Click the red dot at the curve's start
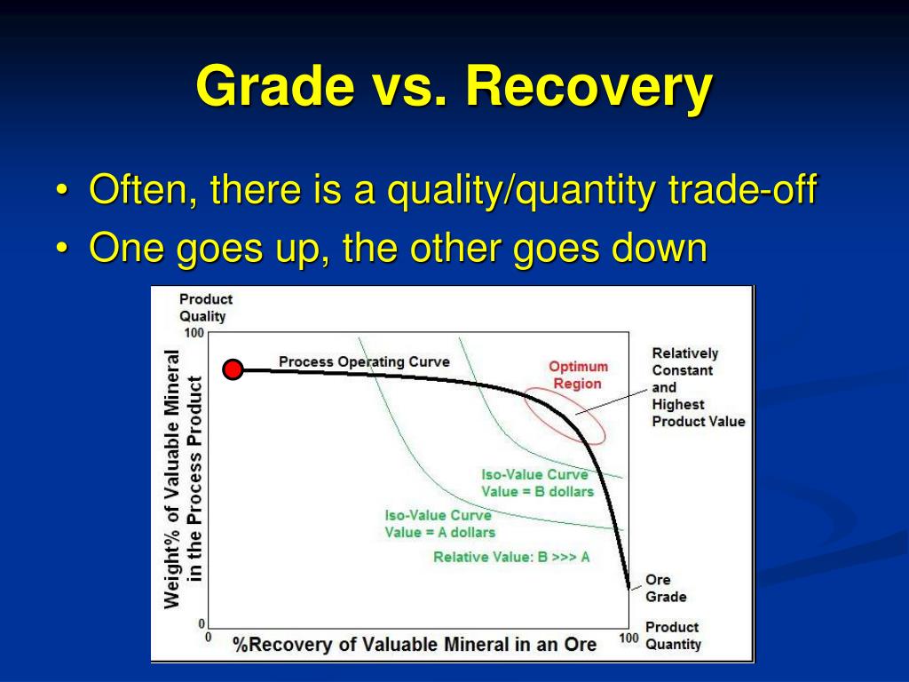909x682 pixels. pos(233,369)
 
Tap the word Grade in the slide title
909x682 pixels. pos(275,86)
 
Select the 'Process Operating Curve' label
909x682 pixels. pos(364,362)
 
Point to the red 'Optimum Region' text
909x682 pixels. pos(578,376)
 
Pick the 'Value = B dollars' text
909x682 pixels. pos(537,492)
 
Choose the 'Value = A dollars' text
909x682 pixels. pos(440,533)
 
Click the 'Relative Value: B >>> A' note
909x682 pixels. pos(511,558)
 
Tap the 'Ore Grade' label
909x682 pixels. pos(666,588)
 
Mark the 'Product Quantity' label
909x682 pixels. pos(673,636)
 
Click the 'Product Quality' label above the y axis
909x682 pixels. pos(206,307)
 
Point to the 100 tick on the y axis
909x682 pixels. pos(194,333)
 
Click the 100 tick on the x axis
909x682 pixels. pos(629,638)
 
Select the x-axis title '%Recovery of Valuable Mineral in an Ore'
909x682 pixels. pos(415,645)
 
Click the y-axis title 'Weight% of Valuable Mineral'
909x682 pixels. pos(172,479)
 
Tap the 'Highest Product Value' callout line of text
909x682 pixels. pos(699,413)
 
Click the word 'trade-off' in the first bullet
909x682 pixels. pos(743,189)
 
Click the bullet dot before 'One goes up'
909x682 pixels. pos(62,249)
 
